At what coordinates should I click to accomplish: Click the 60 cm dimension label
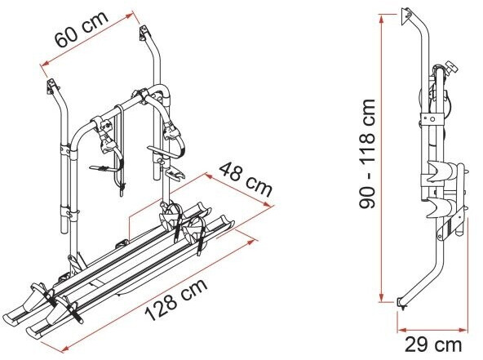click(82, 29)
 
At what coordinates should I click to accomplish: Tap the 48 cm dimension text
click(246, 180)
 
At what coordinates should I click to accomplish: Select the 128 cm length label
click(176, 300)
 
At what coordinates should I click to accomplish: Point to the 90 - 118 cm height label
click(367, 153)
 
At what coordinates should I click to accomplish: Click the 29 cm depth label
click(432, 344)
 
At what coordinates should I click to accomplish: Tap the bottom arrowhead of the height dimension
click(382, 297)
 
